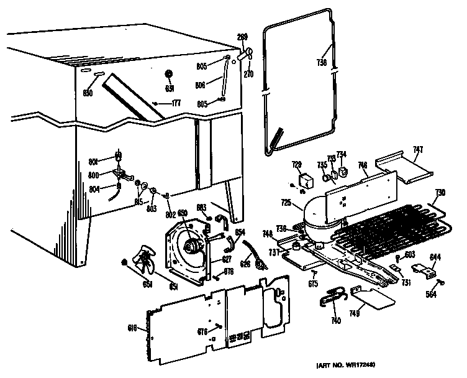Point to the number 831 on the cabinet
pyautogui.click(x=169, y=89)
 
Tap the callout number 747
pyautogui.click(x=418, y=149)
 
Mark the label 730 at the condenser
pyautogui.click(x=440, y=191)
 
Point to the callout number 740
pyautogui.click(x=335, y=321)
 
